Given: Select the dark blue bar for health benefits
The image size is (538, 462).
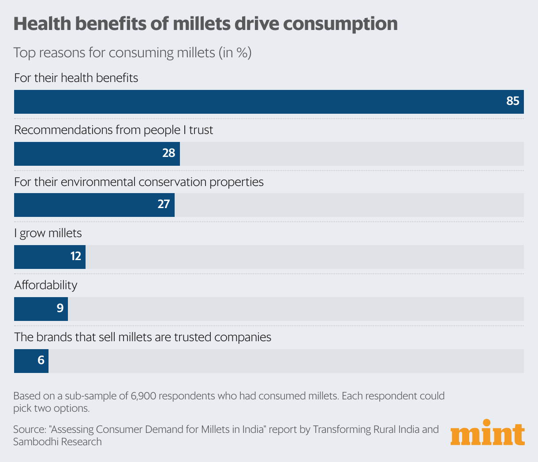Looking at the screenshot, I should [x=265, y=102].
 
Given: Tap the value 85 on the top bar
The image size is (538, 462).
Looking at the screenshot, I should [x=512, y=101].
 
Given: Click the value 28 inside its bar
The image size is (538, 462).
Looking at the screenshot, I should [x=168, y=153].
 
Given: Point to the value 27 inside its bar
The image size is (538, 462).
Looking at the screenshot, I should [x=164, y=205].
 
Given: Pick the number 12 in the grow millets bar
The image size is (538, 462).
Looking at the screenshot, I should [x=76, y=257].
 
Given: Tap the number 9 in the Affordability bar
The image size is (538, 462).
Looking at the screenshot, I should [x=60, y=308].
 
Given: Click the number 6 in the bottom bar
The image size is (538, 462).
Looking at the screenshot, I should [x=41, y=361].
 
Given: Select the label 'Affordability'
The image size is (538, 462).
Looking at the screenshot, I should [x=45, y=285].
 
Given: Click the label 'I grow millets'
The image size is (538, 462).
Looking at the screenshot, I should [x=48, y=233].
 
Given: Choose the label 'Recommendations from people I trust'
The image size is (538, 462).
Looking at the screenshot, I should [x=113, y=130].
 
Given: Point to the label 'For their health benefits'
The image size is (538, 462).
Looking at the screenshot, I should [x=76, y=78].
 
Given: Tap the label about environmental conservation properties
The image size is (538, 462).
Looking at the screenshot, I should [x=139, y=182].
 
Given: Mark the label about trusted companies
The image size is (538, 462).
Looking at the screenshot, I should [x=142, y=337].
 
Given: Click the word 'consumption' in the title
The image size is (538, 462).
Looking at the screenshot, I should [x=340, y=23].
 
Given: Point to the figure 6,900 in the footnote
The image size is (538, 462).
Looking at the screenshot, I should [x=143, y=396].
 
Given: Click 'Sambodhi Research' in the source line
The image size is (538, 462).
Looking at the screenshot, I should [x=57, y=442].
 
